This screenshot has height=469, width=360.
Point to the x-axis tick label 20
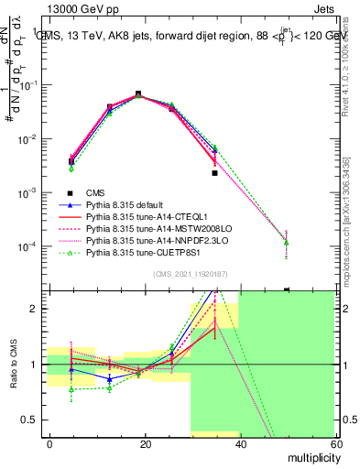coord(145,443)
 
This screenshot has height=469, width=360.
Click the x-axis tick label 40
coord(240,443)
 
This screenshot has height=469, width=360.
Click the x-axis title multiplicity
coord(308,456)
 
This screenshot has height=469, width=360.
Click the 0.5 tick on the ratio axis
coord(35,420)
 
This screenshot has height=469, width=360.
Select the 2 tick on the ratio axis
coord(38,309)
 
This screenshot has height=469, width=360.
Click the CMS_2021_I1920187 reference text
coord(191,274)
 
